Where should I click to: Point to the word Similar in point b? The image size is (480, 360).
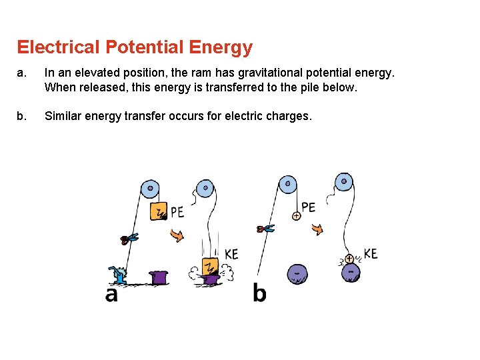pos(66,116)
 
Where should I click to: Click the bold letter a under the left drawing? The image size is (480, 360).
pos(111,293)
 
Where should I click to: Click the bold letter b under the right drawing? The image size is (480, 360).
pos(259,293)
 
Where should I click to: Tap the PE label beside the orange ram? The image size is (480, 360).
pos(177,212)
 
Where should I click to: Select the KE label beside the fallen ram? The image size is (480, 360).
pos(231,254)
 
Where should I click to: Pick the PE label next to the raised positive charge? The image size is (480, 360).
pos(308,207)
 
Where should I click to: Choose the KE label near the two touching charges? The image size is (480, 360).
pos(371,253)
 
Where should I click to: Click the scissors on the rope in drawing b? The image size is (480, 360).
pos(265,229)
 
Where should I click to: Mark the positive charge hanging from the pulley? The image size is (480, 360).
pos(296,216)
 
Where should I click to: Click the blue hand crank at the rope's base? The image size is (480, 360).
pos(119,275)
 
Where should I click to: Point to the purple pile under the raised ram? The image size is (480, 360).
pos(159,277)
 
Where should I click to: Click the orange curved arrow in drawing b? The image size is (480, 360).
pos(317,229)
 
